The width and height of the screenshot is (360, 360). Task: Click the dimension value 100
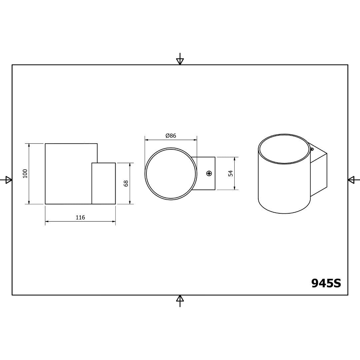(25, 174)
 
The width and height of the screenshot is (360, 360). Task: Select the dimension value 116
(80, 217)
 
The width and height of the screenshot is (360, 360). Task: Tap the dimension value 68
(126, 183)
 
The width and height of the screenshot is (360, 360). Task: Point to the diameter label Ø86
(171, 136)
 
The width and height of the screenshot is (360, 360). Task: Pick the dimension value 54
(231, 173)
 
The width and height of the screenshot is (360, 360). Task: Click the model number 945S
(326, 283)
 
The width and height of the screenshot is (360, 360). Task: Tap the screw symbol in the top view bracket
(209, 173)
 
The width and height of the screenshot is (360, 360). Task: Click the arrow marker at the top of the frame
(180, 59)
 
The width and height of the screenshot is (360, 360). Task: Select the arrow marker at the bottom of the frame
(180, 301)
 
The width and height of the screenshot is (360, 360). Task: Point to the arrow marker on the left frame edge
(6, 180)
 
